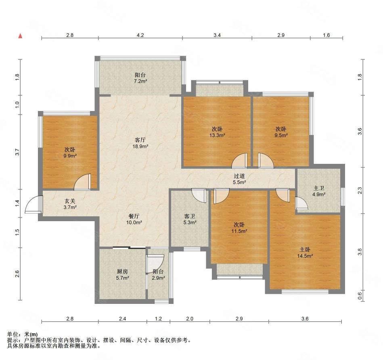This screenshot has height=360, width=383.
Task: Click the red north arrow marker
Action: point(21,36)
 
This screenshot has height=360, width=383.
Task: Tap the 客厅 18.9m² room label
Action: point(140,143)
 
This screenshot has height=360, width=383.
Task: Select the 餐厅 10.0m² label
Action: point(134,219)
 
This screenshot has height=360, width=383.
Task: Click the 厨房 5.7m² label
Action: point(122,274)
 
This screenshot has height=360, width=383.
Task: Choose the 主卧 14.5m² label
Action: point(305,253)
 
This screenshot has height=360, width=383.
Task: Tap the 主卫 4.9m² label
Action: point(319,191)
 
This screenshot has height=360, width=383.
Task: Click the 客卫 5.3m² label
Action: point(190,219)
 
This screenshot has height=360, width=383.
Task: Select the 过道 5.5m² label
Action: point(239,179)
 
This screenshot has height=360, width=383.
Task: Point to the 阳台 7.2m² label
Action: point(140,78)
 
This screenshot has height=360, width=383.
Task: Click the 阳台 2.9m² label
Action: point(158,274)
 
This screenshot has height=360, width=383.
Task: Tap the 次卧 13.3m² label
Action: point(217,132)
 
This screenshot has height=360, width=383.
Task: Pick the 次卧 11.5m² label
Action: point(239,228)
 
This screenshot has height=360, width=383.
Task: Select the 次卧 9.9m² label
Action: point(70,153)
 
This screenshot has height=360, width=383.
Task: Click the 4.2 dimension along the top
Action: point(140,35)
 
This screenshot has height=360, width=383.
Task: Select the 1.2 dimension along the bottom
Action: point(158,318)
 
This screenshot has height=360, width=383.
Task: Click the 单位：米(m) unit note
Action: point(23,334)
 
